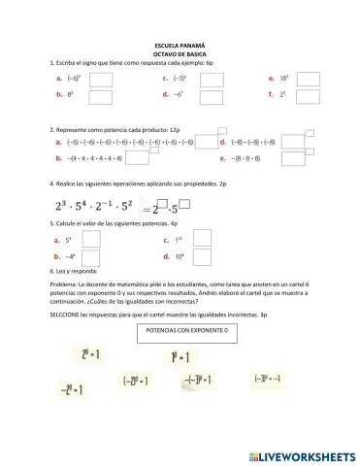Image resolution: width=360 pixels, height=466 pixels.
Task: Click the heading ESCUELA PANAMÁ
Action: [180, 46]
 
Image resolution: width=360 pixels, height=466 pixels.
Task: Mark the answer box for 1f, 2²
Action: [308, 96]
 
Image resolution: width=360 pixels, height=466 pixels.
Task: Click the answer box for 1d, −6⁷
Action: [212, 96]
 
